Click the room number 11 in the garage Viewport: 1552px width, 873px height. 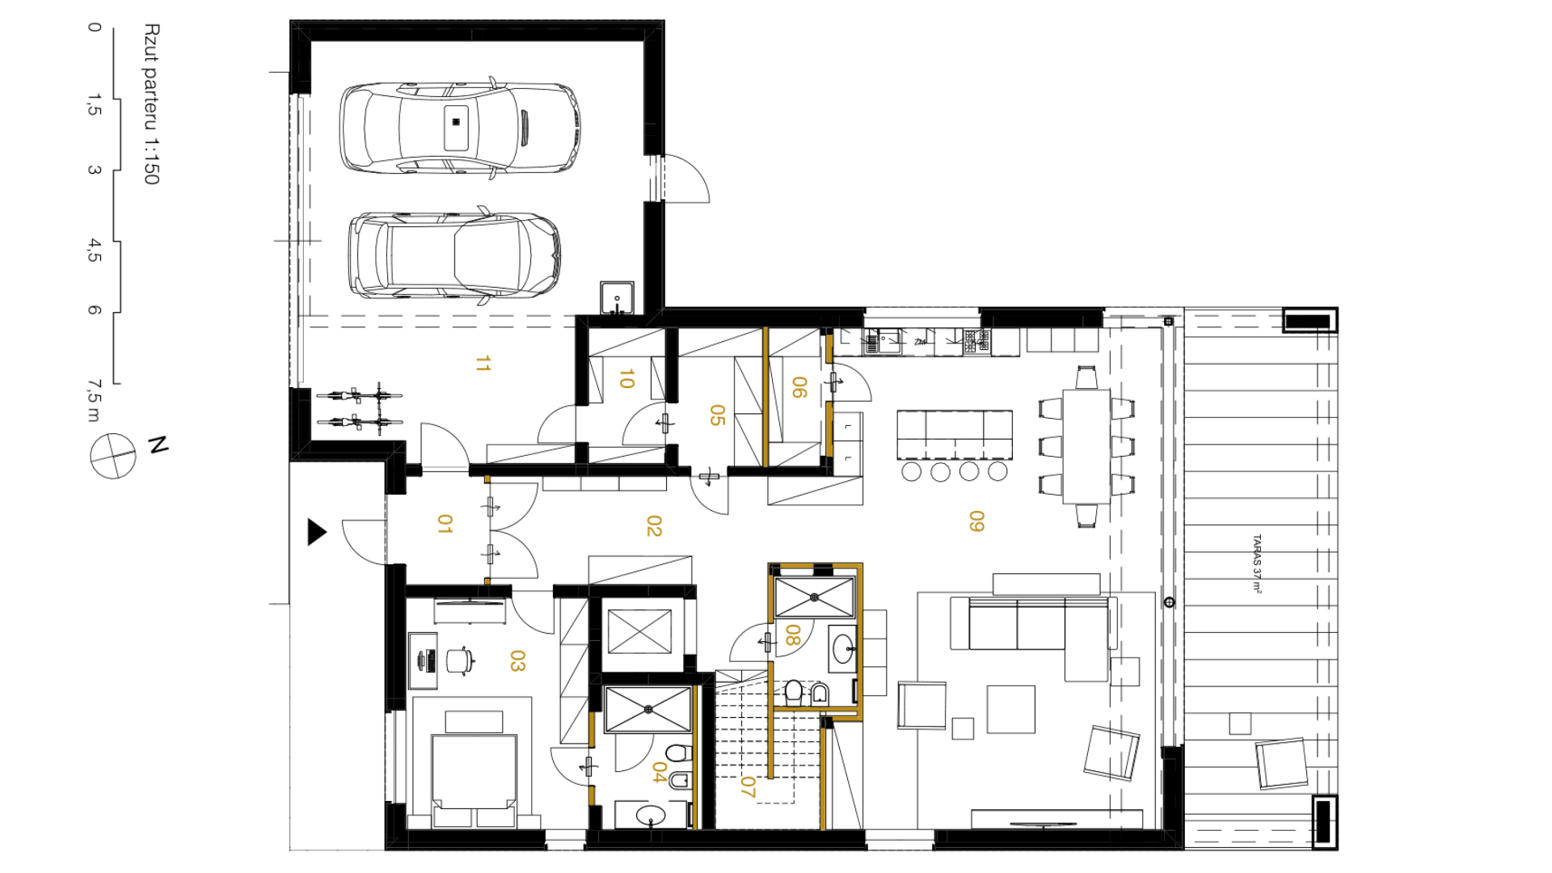click(483, 364)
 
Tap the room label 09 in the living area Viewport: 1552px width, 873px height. click(976, 521)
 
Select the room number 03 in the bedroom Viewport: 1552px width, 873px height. click(517, 661)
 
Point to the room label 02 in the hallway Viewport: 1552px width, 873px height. click(654, 526)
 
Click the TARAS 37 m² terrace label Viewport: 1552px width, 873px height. click(1257, 563)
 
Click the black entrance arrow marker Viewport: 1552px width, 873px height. click(317, 532)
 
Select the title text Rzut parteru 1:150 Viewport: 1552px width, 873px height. click(151, 104)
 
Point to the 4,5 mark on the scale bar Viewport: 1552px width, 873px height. click(95, 251)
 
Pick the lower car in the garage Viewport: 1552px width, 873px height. click(454, 255)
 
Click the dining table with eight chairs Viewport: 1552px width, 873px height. click(1086, 447)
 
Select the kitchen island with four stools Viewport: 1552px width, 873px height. click(954, 445)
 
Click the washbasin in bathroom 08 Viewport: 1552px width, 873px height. click(843, 648)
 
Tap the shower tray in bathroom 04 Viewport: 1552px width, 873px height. click(648, 710)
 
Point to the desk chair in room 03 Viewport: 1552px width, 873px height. click(460, 660)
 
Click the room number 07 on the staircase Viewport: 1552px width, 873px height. click(748, 787)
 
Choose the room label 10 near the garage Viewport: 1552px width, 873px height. click(626, 378)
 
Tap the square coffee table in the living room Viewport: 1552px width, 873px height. click(1010, 709)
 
